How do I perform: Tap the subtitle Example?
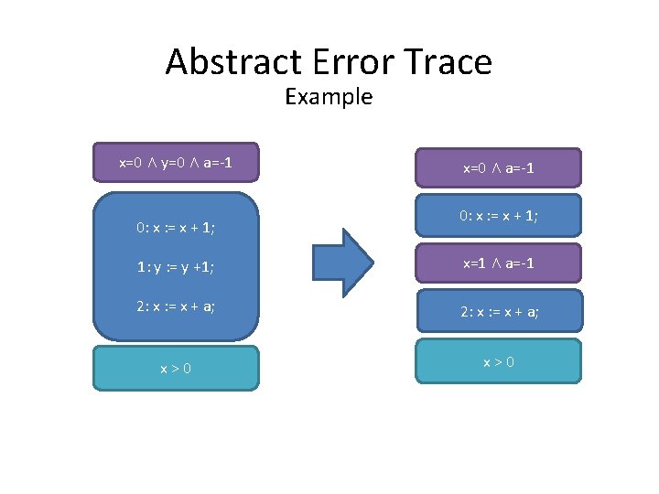[x=329, y=96]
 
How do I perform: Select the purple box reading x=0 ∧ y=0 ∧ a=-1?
[x=176, y=164]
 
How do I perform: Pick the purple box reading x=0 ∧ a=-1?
[x=498, y=168]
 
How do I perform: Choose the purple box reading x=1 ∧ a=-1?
[x=498, y=263]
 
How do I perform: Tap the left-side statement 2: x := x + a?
[x=175, y=306]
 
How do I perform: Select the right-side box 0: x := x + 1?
[x=498, y=216]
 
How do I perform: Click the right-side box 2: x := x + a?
[x=498, y=312]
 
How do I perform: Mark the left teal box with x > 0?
[x=176, y=368]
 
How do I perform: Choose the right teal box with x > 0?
[x=498, y=361]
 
